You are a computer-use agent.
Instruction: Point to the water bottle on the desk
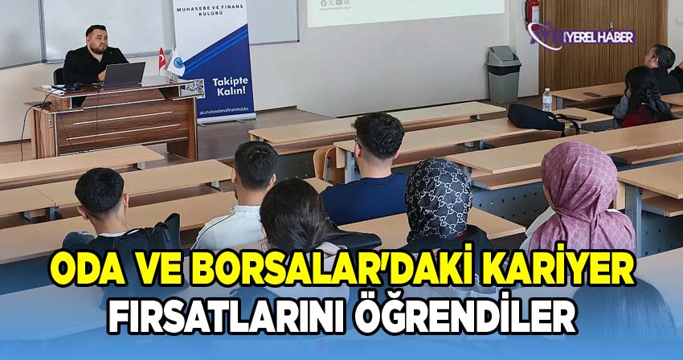point(547,100)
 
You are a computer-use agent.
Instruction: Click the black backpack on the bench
point(535,117)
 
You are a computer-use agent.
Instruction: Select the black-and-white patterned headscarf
point(438,198)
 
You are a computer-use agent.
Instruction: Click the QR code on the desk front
point(191,88)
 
